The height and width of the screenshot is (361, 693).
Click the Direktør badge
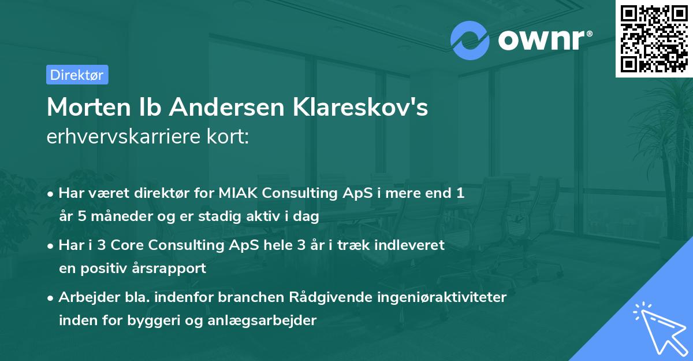click(77, 75)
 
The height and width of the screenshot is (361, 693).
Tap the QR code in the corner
click(654, 39)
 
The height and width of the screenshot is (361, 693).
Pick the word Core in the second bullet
click(124, 245)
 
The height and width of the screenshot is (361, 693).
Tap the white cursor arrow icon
click(658, 327)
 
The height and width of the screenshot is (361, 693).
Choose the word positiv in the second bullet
click(105, 268)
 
